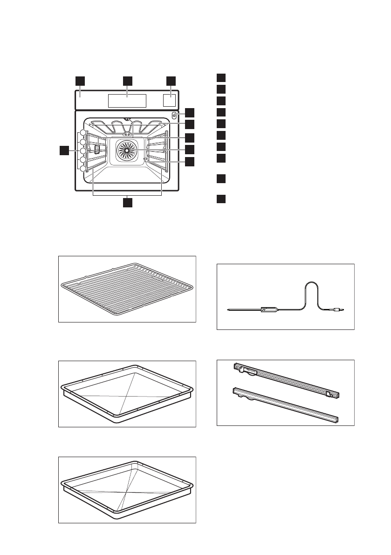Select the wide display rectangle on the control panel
pos(127,101)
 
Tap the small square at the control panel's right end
pos(170,101)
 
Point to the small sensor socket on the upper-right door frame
pos(174,116)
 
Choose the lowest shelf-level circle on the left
pos(82,169)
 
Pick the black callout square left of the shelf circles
pos(65,150)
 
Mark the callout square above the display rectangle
pos(127,80)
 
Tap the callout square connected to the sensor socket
pos(189,112)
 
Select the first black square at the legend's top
pos(222,77)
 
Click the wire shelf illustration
pos(127,289)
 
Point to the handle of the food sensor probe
pos(270,309)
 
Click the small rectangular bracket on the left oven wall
pos(97,149)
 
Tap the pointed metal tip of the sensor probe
pos(229,309)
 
